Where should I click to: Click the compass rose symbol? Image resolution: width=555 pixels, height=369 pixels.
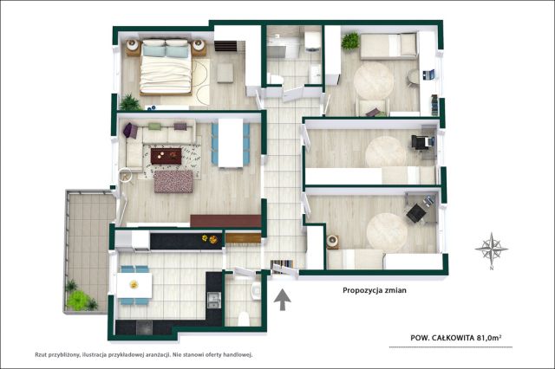(492, 249)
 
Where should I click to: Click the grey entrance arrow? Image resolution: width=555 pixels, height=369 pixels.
(283, 300)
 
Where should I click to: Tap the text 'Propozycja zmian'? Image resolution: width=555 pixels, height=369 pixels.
(375, 290)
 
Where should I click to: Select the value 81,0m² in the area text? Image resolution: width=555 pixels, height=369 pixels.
(489, 338)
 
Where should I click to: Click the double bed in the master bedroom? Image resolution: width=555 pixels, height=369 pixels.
(166, 68)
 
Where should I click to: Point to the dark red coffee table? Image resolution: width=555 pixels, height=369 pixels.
(166, 156)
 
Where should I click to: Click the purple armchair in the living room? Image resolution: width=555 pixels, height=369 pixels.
(130, 130)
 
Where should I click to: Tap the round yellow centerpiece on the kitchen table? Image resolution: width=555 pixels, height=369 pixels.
(134, 284)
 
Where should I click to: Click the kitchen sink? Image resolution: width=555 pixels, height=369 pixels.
(214, 300)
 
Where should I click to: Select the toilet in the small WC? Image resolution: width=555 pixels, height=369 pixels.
(244, 319)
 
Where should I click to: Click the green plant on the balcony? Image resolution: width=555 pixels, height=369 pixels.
(78, 300)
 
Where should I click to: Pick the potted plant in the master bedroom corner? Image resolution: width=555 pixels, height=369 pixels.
(130, 102)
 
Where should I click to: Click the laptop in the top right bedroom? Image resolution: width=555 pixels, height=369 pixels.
(429, 74)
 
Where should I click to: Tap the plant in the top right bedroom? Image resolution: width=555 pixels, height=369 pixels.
(350, 41)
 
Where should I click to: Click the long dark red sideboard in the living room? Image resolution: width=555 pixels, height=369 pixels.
(225, 221)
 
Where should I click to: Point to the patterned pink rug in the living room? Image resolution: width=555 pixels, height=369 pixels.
(173, 182)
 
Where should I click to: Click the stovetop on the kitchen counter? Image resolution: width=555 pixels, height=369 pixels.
(145, 327)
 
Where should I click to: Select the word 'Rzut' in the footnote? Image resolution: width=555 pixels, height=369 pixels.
(41, 354)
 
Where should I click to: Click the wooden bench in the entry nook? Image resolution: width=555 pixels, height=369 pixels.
(243, 238)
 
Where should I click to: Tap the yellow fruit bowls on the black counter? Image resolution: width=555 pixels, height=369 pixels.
(209, 239)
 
